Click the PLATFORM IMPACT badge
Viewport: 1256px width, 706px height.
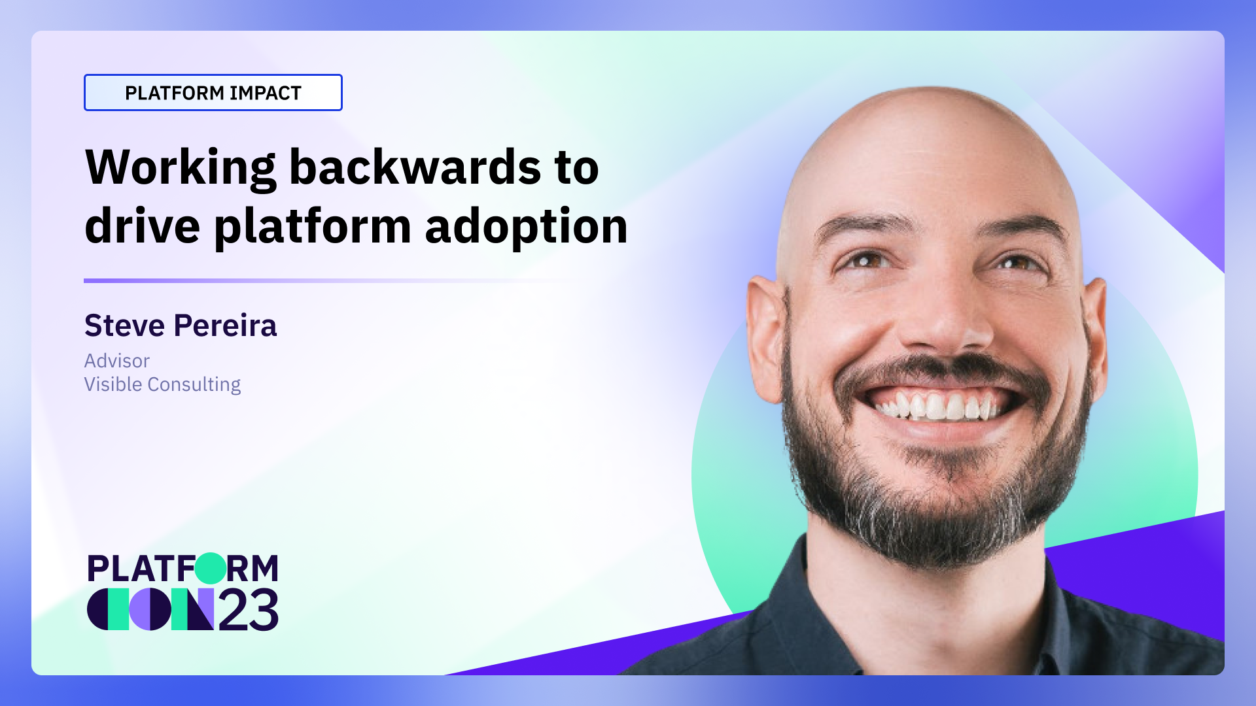pyautogui.click(x=213, y=93)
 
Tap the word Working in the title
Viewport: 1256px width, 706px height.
pyautogui.click(x=181, y=169)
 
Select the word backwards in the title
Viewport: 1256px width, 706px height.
pyautogui.click(x=415, y=167)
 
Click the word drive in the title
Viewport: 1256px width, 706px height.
pyautogui.click(x=142, y=226)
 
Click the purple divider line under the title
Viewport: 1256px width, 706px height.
pyautogui.click(x=262, y=280)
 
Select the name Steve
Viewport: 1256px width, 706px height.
pyautogui.click(x=124, y=326)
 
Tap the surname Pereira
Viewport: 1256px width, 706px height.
pyautogui.click(x=225, y=326)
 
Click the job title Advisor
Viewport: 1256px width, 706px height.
pyautogui.click(x=116, y=361)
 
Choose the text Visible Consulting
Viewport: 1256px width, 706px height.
pyautogui.click(x=162, y=384)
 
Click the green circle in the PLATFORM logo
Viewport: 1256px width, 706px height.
pyautogui.click(x=211, y=568)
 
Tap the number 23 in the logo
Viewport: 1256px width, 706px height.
pyautogui.click(x=249, y=611)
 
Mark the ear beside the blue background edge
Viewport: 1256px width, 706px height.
pyautogui.click(x=765, y=340)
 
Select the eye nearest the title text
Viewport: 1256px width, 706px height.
pyautogui.click(x=867, y=261)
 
